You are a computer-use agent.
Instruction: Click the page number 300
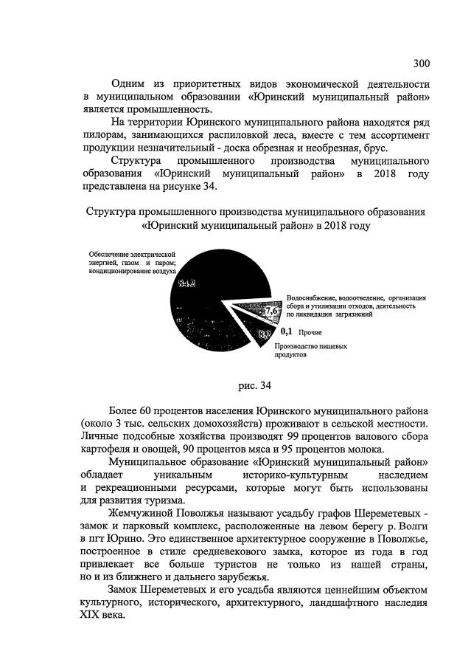[422, 62]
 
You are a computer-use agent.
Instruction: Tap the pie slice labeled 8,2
[262, 335]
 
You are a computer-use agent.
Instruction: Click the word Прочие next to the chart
[310, 333]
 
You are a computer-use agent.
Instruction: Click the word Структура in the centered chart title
[111, 211]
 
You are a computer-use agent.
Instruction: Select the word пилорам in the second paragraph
[106, 134]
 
